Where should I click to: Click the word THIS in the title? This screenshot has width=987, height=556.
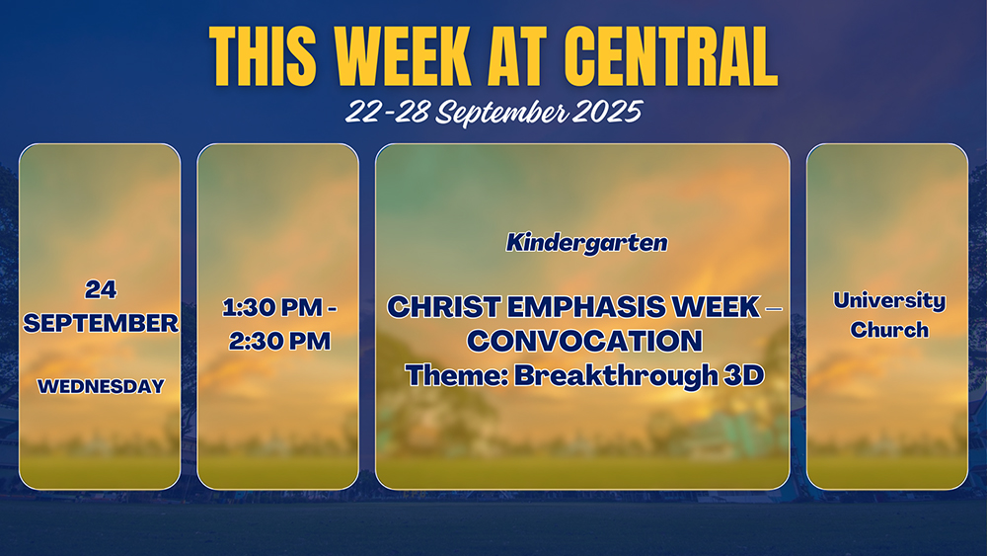263,56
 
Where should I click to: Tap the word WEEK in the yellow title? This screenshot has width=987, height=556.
402,56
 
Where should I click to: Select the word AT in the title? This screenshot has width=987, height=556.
517,56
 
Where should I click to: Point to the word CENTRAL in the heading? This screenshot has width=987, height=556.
671,56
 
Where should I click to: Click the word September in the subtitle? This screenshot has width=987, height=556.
502,113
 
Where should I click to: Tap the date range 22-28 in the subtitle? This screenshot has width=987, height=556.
388,112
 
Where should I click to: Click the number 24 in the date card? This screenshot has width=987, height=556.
101,289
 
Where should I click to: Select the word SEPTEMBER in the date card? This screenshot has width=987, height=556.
101,323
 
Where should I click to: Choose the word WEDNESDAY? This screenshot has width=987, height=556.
101,386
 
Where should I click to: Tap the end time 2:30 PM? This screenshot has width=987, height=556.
279,341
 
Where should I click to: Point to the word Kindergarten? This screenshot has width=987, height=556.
586,243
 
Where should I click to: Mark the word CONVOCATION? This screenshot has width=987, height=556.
584,342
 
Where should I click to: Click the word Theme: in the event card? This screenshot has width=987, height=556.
456,375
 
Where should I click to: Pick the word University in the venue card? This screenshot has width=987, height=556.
889,300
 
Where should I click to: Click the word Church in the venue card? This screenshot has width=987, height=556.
889,329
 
